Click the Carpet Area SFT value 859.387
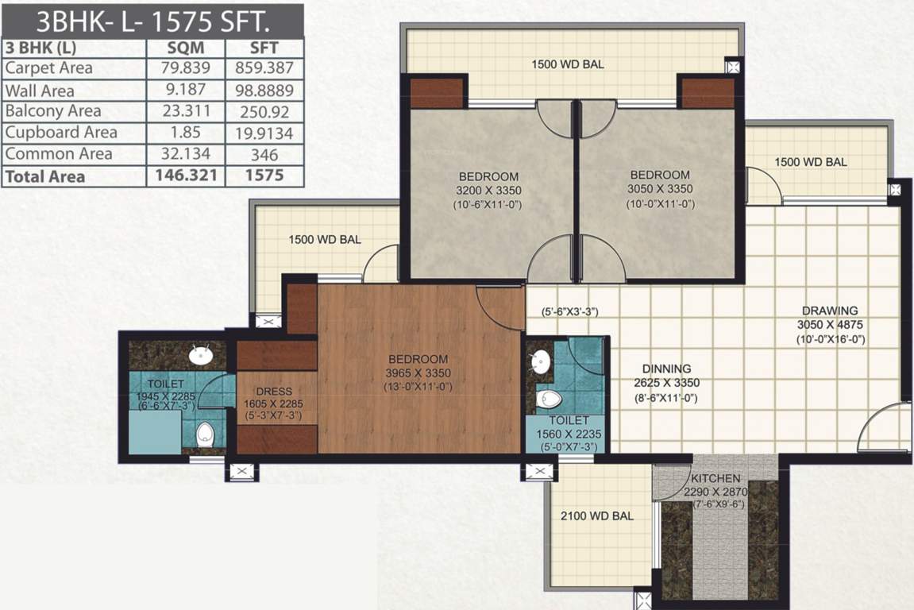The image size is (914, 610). tap(264, 69)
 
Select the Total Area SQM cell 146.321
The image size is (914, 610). tap(185, 176)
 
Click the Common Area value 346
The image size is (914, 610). tap(264, 154)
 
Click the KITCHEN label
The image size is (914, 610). tap(715, 479)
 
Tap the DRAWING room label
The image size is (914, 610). tap(830, 311)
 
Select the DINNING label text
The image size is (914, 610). tap(667, 369)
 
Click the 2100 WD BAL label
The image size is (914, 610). tap(597, 515)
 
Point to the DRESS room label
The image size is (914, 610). tap(274, 392)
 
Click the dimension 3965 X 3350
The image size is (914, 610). tap(418, 373)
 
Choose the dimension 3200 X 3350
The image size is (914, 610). tap(488, 190)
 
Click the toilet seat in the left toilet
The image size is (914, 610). tap(205, 433)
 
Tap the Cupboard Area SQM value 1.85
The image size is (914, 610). tap(185, 133)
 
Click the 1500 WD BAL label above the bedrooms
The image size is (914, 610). tap(568, 64)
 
